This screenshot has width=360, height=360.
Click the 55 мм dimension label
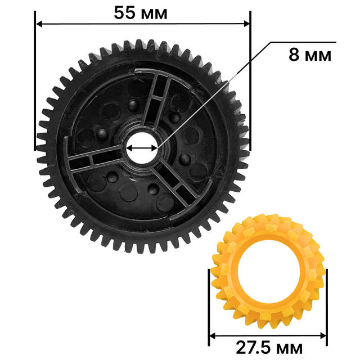(141, 13)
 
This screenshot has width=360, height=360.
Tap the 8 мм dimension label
(310, 55)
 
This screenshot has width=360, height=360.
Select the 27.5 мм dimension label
(269, 348)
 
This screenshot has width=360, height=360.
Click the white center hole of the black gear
(142, 148)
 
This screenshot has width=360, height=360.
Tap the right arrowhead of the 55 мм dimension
(246, 24)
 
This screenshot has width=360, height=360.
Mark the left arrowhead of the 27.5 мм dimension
(213, 336)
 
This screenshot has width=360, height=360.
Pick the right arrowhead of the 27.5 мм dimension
(323, 336)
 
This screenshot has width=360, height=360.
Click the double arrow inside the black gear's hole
(142, 148)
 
